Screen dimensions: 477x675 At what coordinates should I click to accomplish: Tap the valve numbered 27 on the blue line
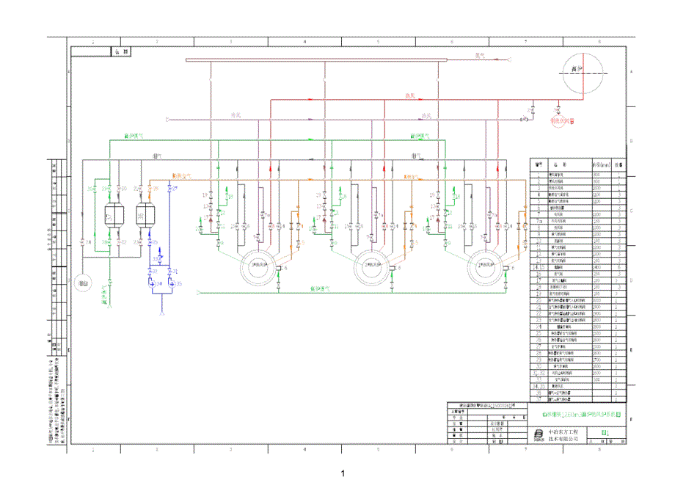[x=170, y=189]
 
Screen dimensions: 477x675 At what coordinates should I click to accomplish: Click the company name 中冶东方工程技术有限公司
[x=563, y=435]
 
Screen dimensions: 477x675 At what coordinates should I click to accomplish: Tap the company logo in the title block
[x=539, y=435]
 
